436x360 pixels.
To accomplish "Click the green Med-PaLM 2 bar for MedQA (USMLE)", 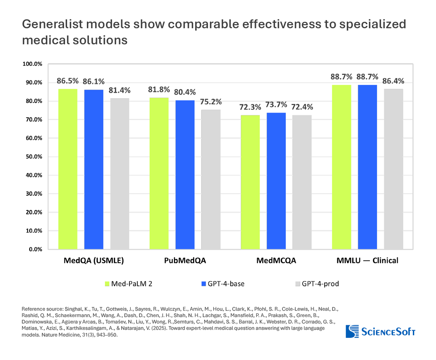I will [68, 169].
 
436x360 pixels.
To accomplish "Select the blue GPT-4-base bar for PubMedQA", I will [185, 175].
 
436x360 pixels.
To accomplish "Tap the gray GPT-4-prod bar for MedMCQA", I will [302, 182].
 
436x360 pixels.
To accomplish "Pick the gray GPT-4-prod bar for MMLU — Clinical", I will [393, 169].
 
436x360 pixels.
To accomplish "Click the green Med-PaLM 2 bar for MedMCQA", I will [250, 182].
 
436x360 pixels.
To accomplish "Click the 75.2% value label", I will [211, 102].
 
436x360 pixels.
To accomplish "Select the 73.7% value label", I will [276, 105].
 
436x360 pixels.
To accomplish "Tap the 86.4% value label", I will [393, 81].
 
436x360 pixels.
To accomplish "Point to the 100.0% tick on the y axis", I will [32, 64].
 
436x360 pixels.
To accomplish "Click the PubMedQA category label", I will [185, 260].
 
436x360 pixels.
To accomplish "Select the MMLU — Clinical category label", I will [368, 260].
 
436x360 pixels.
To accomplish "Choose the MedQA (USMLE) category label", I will [94, 260].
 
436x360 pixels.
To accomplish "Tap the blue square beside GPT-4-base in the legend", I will [204, 284].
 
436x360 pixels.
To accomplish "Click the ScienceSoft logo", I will [380, 331].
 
